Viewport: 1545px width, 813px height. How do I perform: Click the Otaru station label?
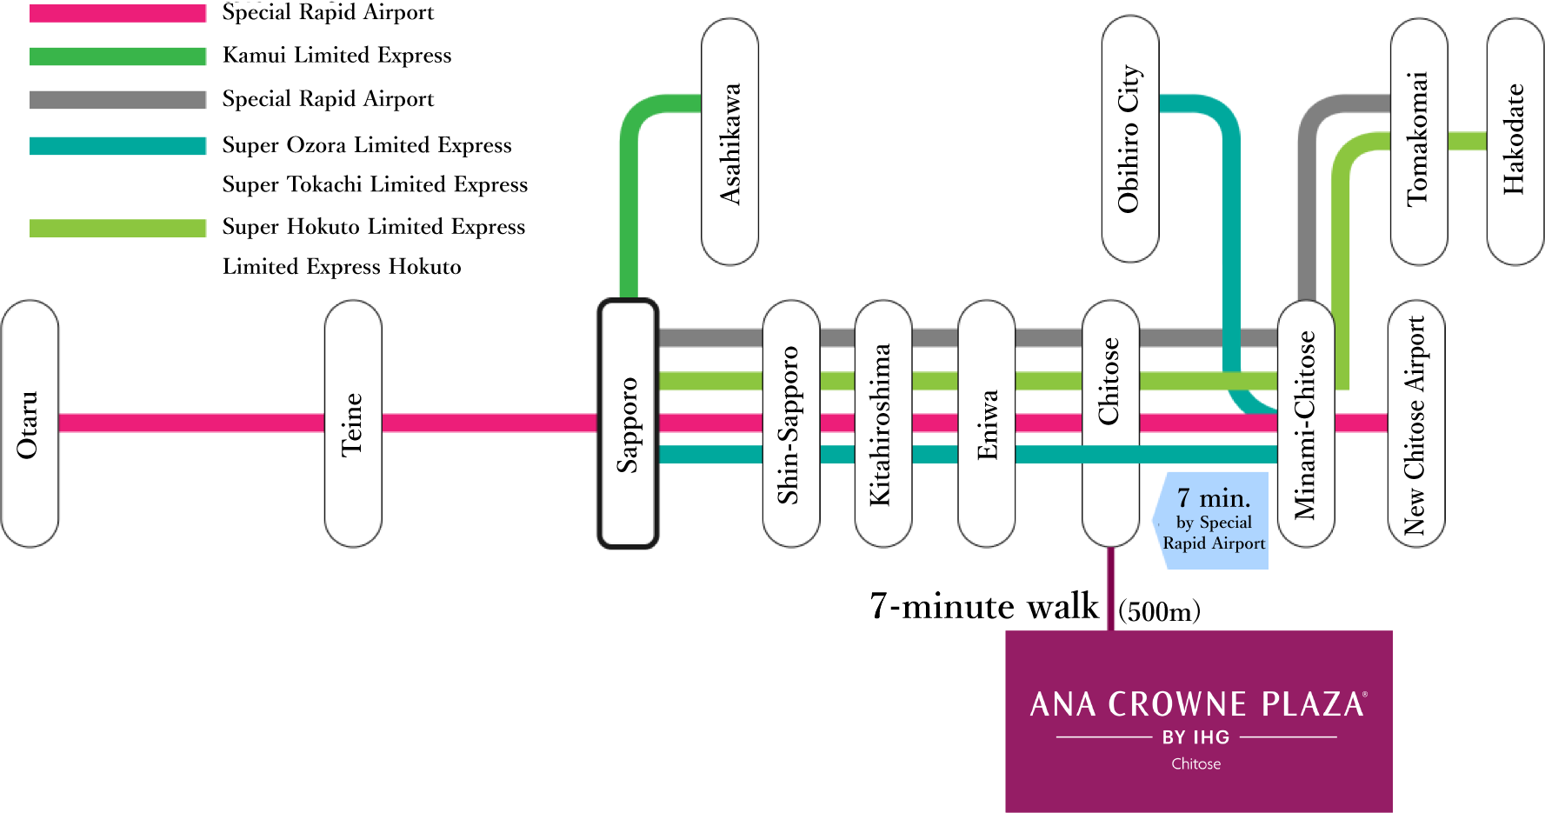(29, 424)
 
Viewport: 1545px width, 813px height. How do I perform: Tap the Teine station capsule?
(352, 424)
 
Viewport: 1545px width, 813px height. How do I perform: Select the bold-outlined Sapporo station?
(628, 424)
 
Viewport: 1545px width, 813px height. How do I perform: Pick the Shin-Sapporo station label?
(790, 424)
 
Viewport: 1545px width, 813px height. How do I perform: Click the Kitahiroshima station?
(882, 424)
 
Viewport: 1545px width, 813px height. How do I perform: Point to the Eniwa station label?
(986, 424)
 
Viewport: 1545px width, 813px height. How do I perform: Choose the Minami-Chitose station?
(1305, 424)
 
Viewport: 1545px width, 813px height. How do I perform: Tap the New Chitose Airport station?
(1415, 424)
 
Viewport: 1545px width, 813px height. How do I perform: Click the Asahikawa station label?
(729, 143)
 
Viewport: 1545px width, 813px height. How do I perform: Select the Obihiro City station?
(1129, 139)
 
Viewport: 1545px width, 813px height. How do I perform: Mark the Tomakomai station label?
(1418, 139)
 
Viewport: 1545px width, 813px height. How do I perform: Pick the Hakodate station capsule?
(1515, 139)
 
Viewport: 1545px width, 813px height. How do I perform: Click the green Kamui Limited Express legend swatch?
(117, 57)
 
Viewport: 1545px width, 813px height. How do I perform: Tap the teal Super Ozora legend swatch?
(117, 145)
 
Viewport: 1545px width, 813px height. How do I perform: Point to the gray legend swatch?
(117, 99)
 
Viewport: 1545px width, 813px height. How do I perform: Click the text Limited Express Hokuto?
(342, 267)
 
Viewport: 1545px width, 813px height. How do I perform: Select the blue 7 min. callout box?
(1213, 521)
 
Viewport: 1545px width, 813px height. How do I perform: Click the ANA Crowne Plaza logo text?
(1197, 704)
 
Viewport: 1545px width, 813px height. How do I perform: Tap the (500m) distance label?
(1159, 611)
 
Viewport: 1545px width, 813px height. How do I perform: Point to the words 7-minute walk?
(983, 606)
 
